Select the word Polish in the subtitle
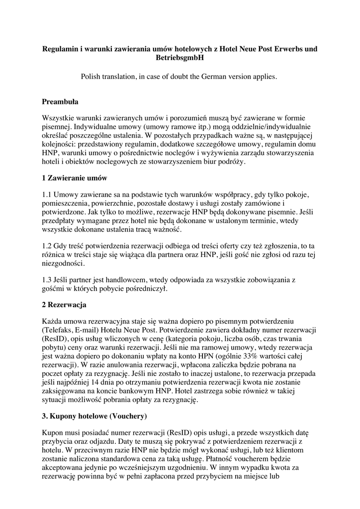click(93, 77)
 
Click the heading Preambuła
click(60, 102)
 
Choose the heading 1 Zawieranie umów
click(75, 177)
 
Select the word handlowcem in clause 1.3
click(116, 280)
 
